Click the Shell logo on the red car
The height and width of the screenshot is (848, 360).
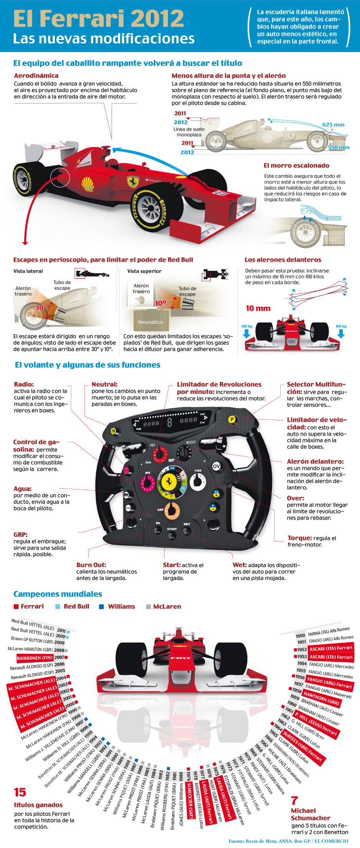[88, 184]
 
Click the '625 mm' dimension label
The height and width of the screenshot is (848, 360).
[333, 125]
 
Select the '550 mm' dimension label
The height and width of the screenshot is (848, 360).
[338, 147]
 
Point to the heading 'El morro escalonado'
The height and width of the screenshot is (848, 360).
[296, 166]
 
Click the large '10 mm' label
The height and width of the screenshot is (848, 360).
[258, 308]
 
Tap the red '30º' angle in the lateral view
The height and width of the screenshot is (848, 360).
[41, 307]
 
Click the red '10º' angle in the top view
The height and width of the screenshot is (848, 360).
[160, 303]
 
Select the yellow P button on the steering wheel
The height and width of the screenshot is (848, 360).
[232, 420]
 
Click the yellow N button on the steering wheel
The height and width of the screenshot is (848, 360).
[113, 431]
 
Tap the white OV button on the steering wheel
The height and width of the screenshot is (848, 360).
[216, 466]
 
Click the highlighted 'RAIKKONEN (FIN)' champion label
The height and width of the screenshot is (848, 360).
[35, 658]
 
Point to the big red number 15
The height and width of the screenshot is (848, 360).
[20, 792]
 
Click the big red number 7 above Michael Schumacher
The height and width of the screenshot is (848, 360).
[294, 800]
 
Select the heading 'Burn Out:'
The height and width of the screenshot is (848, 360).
[91, 565]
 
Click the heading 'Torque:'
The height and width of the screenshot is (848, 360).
[299, 538]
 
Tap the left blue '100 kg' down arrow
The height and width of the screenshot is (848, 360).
[247, 333]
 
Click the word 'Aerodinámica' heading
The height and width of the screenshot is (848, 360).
[36, 76]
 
